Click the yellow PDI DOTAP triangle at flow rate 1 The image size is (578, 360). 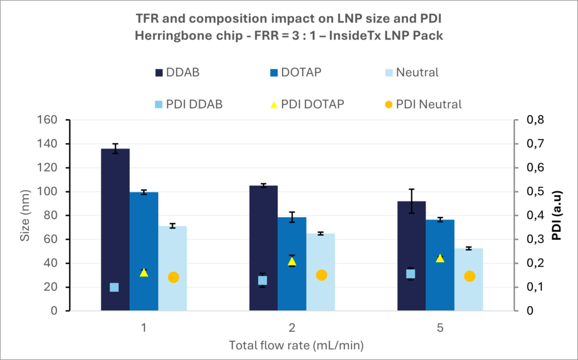[x=144, y=273]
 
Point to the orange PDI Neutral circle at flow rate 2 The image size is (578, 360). [x=321, y=275]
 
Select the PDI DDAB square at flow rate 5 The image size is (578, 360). [x=411, y=274]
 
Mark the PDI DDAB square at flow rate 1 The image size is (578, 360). [x=114, y=287]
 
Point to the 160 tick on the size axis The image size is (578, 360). [x=50, y=120]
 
